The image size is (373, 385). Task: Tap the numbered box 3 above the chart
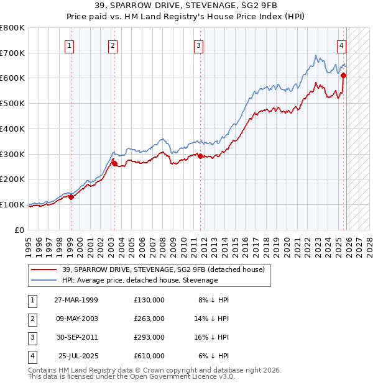tap(198, 45)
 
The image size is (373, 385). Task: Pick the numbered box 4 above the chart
tap(342, 45)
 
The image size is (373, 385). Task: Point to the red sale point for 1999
tap(71, 197)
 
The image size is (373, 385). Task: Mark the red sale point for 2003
tap(114, 163)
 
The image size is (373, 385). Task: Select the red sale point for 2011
tap(200, 156)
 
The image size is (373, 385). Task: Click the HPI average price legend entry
tap(140, 280)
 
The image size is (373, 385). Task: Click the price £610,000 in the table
tap(149, 356)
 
